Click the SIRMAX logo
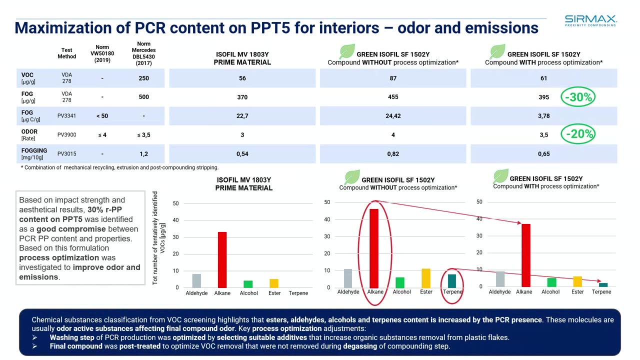point(590,20)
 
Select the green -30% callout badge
point(578,97)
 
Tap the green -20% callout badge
point(578,134)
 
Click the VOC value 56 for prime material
point(242,78)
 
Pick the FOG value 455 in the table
point(393,97)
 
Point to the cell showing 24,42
point(393,116)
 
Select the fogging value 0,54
point(242,154)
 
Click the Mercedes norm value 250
point(143,78)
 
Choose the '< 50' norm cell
point(102,116)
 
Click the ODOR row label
point(29,132)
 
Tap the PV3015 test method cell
point(66,154)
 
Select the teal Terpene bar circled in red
point(452,281)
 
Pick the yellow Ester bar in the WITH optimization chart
point(577,281)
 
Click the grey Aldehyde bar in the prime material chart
point(196,280)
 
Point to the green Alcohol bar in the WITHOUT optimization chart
point(400,282)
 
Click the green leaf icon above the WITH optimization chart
point(500,176)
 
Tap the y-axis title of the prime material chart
point(158,238)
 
